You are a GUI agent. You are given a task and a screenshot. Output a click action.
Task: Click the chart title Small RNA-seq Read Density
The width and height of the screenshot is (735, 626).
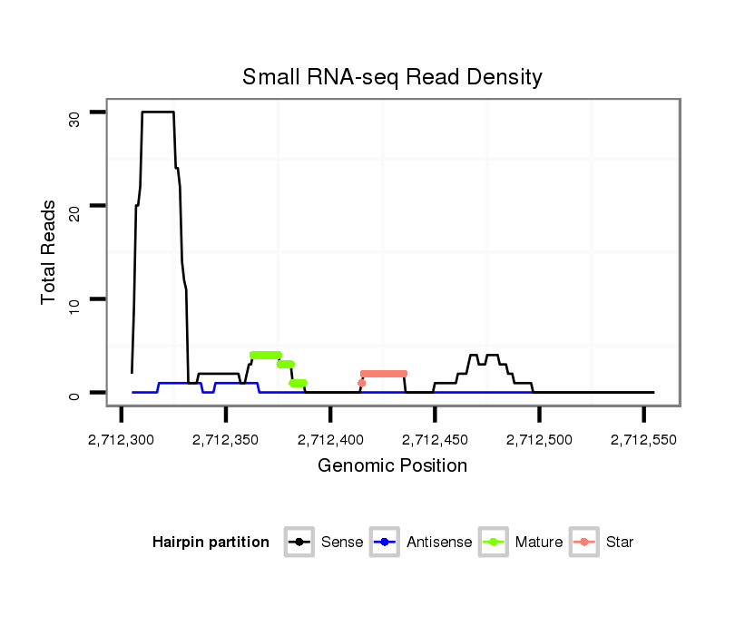(392, 77)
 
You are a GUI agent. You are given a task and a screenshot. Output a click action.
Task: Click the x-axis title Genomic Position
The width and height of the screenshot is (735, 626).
(392, 466)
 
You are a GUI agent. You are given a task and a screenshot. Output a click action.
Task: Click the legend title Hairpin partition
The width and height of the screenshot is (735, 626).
(211, 543)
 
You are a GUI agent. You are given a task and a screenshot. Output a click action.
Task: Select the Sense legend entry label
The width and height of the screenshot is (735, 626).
(342, 543)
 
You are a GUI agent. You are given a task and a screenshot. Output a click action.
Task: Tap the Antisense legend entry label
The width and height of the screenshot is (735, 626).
(439, 543)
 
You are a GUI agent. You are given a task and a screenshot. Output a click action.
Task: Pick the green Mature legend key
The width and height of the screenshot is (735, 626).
(495, 543)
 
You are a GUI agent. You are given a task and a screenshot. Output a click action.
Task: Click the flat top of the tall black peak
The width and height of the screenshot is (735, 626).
(158, 112)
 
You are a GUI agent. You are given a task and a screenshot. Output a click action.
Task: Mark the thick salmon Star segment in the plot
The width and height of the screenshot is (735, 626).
(384, 374)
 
